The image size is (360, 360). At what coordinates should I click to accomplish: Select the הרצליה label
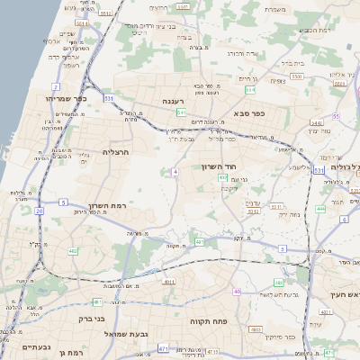[116, 152]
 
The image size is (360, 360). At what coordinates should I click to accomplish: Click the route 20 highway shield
[40, 211]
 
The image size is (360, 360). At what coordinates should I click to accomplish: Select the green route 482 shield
[73, 251]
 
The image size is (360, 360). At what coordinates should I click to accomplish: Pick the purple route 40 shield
[237, 292]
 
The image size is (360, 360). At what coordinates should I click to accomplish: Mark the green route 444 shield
[321, 209]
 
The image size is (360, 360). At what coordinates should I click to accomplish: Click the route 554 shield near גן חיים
[250, 90]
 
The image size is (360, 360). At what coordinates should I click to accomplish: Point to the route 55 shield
[335, 117]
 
